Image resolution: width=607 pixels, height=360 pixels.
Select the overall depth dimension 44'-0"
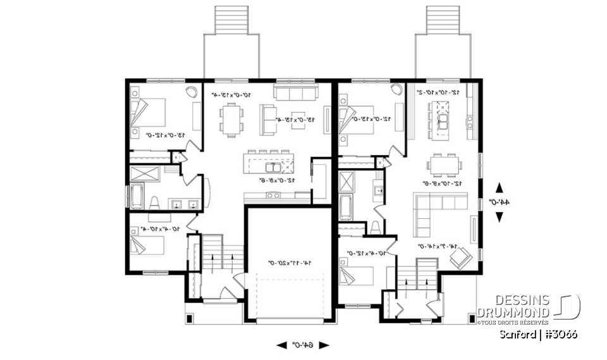(500, 202)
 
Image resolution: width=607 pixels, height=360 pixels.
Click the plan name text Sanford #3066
(537, 334)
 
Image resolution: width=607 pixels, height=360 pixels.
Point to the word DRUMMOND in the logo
(513, 313)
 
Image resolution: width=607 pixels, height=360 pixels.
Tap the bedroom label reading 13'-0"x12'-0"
(164, 135)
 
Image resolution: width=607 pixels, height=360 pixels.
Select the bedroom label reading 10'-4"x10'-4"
(162, 228)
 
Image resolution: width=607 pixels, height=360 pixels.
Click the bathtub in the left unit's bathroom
(136, 196)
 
